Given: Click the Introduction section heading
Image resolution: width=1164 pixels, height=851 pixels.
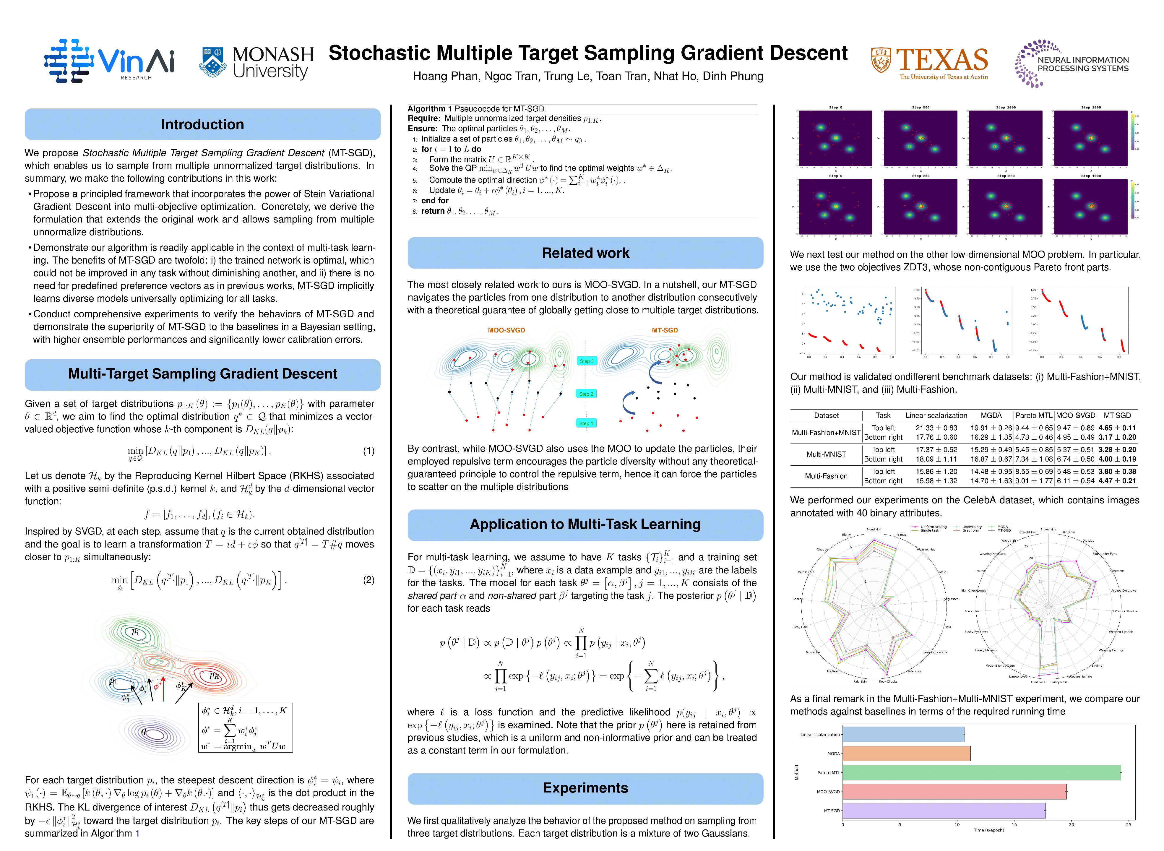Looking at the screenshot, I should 202,124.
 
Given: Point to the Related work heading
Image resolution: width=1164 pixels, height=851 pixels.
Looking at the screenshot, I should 585,253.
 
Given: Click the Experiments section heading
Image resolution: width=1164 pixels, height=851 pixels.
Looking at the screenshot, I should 585,788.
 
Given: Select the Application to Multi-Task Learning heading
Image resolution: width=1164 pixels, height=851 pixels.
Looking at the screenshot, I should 585,524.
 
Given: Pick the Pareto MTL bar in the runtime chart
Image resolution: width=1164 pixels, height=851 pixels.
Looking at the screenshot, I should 981,772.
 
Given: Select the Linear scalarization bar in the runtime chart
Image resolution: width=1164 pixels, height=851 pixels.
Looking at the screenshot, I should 903,734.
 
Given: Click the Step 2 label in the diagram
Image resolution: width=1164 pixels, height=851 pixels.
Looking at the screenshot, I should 586,394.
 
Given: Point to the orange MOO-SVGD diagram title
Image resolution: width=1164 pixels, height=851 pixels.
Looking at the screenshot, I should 506,330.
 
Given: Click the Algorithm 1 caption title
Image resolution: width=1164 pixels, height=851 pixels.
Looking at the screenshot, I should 430,109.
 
